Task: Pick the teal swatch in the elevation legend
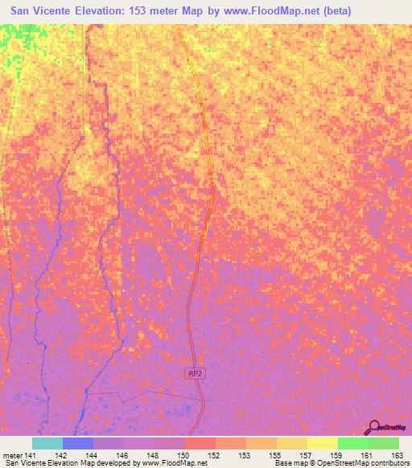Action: pos(47,443)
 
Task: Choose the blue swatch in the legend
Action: pos(78,443)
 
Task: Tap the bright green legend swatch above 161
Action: pos(352,443)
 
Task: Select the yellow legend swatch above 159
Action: pos(322,443)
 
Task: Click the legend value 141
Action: pos(31,455)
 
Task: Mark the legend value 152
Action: pos(216,455)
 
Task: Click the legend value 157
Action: pos(307,455)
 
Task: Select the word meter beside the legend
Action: pos(11,455)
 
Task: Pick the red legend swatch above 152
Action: pos(200,443)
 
